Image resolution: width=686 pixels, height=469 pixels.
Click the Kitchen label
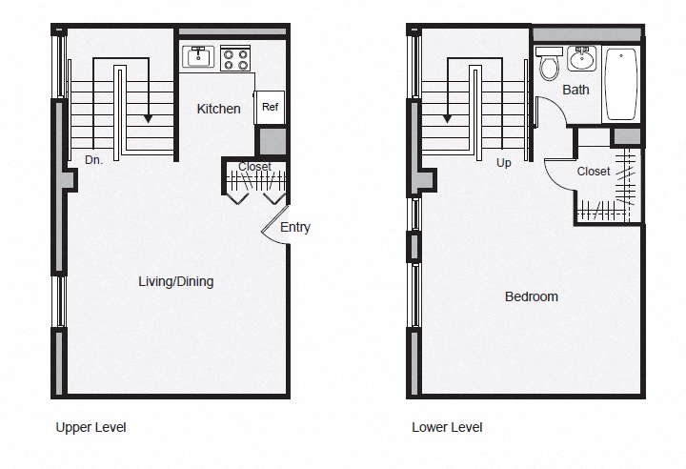pyautogui.click(x=218, y=109)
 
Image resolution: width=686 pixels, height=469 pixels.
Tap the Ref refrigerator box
pyautogui.click(x=270, y=108)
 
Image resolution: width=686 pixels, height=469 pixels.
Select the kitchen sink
pyautogui.click(x=200, y=57)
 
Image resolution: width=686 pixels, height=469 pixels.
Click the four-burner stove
pyautogui.click(x=235, y=59)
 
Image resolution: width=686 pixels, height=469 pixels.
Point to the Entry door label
pyautogui.click(x=294, y=227)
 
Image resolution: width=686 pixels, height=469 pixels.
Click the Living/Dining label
pyautogui.click(x=175, y=281)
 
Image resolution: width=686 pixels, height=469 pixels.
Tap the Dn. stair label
pyautogui.click(x=93, y=160)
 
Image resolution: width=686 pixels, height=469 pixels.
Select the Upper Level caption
pyautogui.click(x=91, y=427)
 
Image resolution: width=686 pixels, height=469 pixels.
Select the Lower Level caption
pyautogui.click(x=447, y=427)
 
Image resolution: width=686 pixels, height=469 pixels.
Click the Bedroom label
pyautogui.click(x=531, y=296)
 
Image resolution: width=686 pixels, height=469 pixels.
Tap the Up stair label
pyautogui.click(x=504, y=162)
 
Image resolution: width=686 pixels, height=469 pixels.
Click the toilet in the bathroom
pyautogui.click(x=549, y=65)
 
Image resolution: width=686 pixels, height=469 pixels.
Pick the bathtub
pyautogui.click(x=620, y=84)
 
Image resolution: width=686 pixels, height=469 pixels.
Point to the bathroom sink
pyautogui.click(x=581, y=59)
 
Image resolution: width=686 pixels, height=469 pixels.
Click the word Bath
pyautogui.click(x=575, y=90)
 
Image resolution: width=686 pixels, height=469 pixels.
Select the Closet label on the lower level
pyautogui.click(x=594, y=172)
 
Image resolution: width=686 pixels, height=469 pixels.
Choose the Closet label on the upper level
pyautogui.click(x=254, y=167)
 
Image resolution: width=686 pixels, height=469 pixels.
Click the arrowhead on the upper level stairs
pyautogui.click(x=148, y=118)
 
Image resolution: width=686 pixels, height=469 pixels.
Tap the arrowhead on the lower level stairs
pyautogui.click(x=446, y=118)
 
